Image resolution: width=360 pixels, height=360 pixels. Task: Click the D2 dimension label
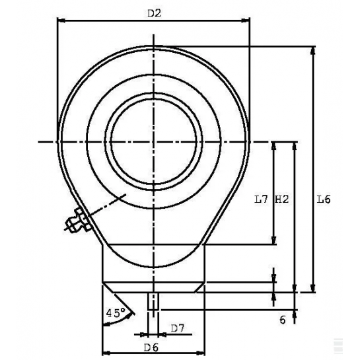pyautogui.click(x=154, y=14)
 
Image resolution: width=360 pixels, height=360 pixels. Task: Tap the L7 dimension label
pyautogui.click(x=261, y=199)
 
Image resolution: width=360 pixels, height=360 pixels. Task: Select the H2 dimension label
pyautogui.click(x=281, y=199)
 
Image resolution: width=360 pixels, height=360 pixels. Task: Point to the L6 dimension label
pyautogui.click(x=324, y=199)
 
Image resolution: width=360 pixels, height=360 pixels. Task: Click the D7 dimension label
pyautogui.click(x=178, y=328)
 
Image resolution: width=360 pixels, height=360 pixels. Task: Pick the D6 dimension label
pyautogui.click(x=151, y=348)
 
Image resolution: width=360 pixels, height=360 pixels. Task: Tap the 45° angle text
pyautogui.click(x=116, y=312)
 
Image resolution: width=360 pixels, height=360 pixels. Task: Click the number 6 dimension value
pyautogui.click(x=283, y=320)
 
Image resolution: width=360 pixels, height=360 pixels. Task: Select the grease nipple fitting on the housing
pyautogui.click(x=77, y=221)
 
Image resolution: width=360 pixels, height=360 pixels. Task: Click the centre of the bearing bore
pyautogui.click(x=154, y=141)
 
